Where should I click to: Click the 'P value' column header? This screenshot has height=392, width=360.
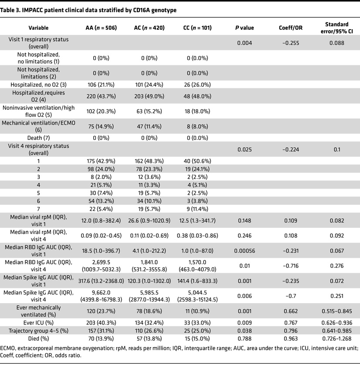(245, 28)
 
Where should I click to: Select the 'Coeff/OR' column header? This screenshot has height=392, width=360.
(289, 28)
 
